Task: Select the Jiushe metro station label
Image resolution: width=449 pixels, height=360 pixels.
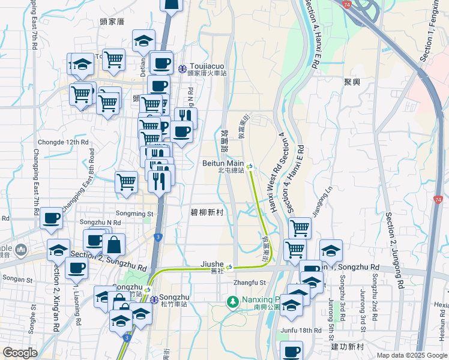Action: [x=212, y=264]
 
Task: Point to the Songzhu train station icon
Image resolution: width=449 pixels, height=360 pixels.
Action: [x=154, y=300]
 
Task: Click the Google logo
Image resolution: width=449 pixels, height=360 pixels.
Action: [x=20, y=353]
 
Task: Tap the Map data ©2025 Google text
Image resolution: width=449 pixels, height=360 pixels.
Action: [x=412, y=355]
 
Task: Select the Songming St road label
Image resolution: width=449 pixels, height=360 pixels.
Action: [x=134, y=213]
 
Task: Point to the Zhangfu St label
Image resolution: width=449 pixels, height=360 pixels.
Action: [x=250, y=282]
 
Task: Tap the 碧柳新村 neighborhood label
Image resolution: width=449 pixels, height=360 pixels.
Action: [x=206, y=212]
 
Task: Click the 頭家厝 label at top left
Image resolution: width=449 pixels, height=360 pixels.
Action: [x=112, y=21]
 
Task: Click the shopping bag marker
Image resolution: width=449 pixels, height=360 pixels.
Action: [x=113, y=245]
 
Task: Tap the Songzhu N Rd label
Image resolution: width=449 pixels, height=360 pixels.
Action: [x=96, y=223]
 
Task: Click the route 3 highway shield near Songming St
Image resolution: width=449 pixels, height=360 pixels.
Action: [x=157, y=237]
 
